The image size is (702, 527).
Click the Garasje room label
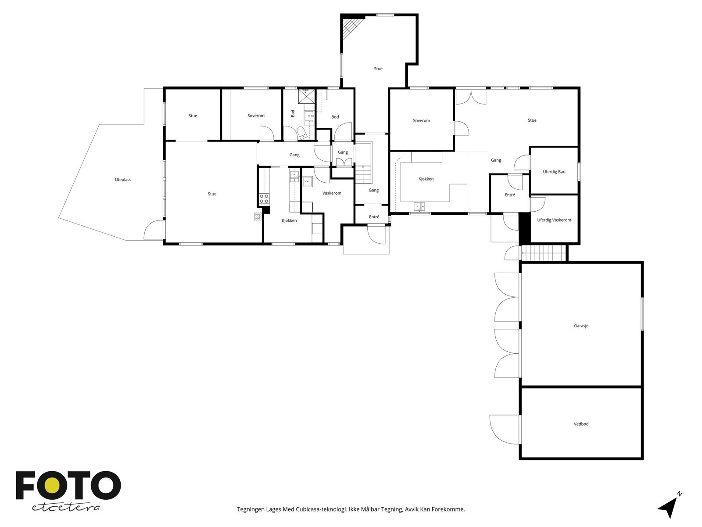coord(581,326)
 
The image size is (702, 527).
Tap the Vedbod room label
coord(581,424)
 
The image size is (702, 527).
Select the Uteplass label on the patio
coord(123,180)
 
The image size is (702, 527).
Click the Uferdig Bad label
coord(554,172)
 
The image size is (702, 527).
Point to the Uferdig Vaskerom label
coord(554,220)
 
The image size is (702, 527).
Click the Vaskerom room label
coord(332,193)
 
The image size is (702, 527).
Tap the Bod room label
coord(335,117)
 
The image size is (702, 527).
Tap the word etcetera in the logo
coord(66,507)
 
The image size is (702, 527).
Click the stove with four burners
coord(264,199)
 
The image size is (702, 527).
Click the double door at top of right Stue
coord(471,96)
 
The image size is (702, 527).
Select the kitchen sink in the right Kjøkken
coord(419,206)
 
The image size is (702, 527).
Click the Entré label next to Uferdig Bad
coord(509,195)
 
